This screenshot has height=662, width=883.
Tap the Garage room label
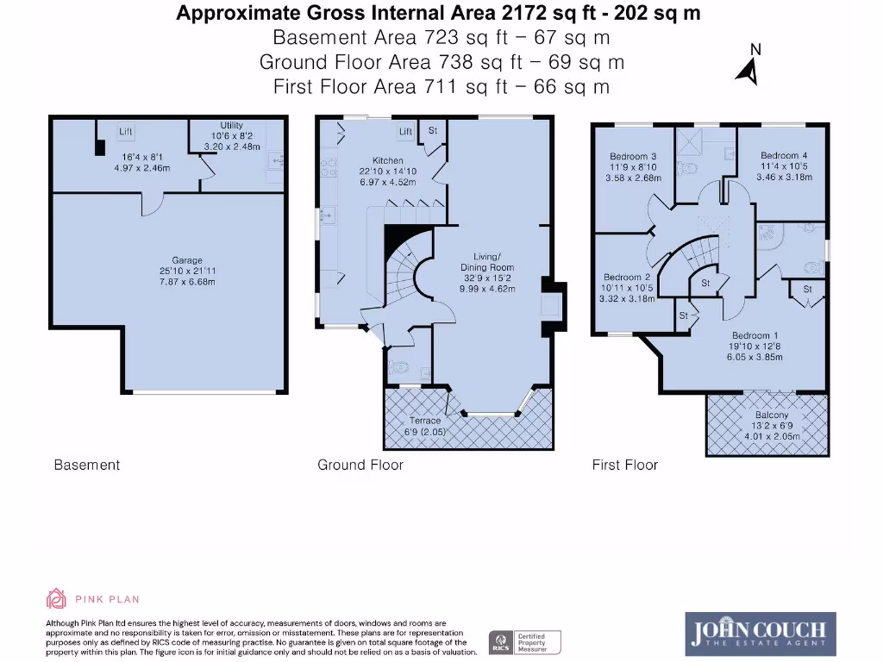click(186, 260)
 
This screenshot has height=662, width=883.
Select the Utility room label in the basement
click(232, 126)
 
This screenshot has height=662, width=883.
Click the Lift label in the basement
click(126, 132)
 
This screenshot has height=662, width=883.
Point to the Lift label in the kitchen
click(405, 132)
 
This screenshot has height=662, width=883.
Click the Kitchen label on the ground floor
click(387, 160)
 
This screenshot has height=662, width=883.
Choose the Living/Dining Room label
click(487, 262)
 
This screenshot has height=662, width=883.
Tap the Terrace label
click(425, 421)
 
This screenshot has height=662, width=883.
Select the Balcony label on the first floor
click(767, 415)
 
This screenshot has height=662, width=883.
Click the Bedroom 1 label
click(755, 335)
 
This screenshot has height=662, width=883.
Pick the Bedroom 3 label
click(634, 156)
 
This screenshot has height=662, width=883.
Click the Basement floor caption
click(86, 465)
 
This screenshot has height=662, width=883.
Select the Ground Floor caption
click(360, 465)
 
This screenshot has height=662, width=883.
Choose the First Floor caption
click(624, 465)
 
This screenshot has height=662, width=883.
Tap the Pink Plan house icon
click(56, 598)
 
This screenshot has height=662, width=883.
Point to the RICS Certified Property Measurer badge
click(525, 642)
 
